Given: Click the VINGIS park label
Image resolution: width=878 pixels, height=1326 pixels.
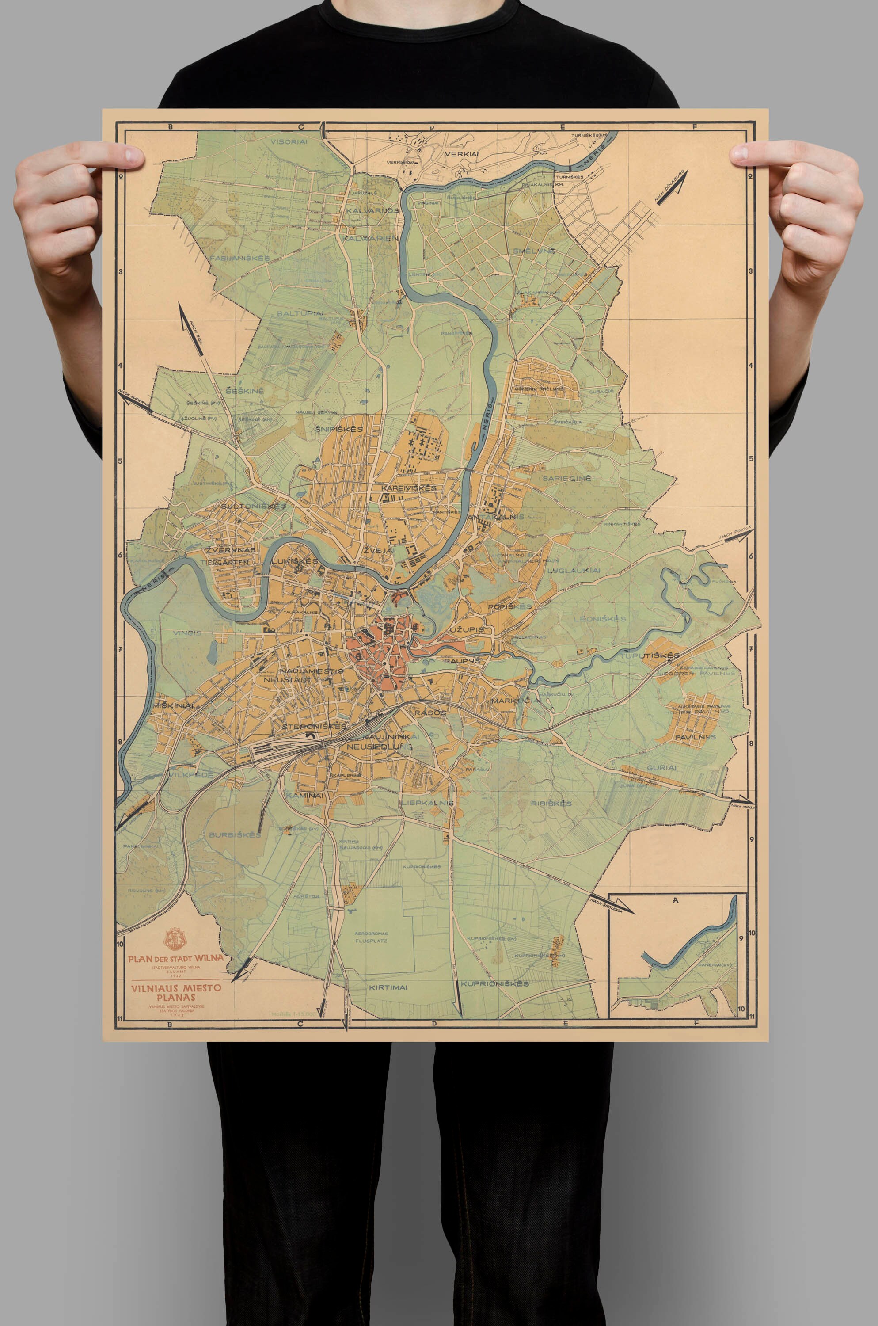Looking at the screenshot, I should pos(187,633).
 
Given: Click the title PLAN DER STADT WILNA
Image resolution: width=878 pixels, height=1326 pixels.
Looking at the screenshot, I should pos(175,958).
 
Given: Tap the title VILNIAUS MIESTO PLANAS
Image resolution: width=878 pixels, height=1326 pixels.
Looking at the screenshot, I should pos(176,992).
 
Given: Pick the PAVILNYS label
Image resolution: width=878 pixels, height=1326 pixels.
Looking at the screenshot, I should pos(695,737).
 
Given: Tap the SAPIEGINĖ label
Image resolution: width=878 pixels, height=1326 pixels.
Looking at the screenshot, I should pos(566,478).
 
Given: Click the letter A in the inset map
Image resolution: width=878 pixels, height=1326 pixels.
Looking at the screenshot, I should pos(676,900).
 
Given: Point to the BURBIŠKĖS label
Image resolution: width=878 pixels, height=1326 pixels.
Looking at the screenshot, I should pos(235,834).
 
